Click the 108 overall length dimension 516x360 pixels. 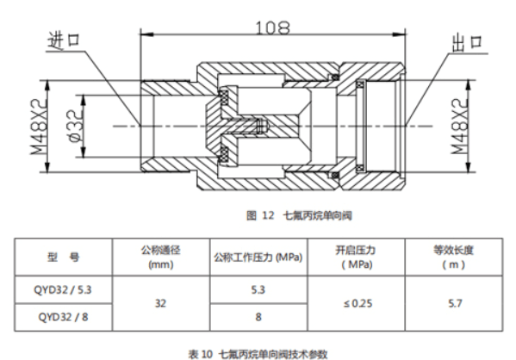273,28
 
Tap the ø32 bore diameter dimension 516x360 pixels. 75,126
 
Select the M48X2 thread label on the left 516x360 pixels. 40,127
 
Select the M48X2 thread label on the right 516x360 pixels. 460,126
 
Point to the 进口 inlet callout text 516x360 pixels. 64,40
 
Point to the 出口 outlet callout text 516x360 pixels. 467,43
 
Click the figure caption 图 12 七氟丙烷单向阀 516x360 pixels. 299,216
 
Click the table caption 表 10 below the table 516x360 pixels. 258,354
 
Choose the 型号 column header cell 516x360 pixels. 64,257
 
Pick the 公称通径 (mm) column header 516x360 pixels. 161,257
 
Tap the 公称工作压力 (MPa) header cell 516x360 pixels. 258,257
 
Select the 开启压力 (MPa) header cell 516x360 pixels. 356,257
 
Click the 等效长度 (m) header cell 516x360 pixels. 454,257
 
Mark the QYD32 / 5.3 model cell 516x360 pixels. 63,290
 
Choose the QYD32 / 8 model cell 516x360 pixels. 63,317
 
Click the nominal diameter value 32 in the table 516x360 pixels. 160,303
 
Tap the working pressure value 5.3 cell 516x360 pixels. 258,290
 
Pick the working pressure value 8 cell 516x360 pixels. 258,317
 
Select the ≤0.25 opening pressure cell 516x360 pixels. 356,303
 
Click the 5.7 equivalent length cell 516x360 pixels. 454,303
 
